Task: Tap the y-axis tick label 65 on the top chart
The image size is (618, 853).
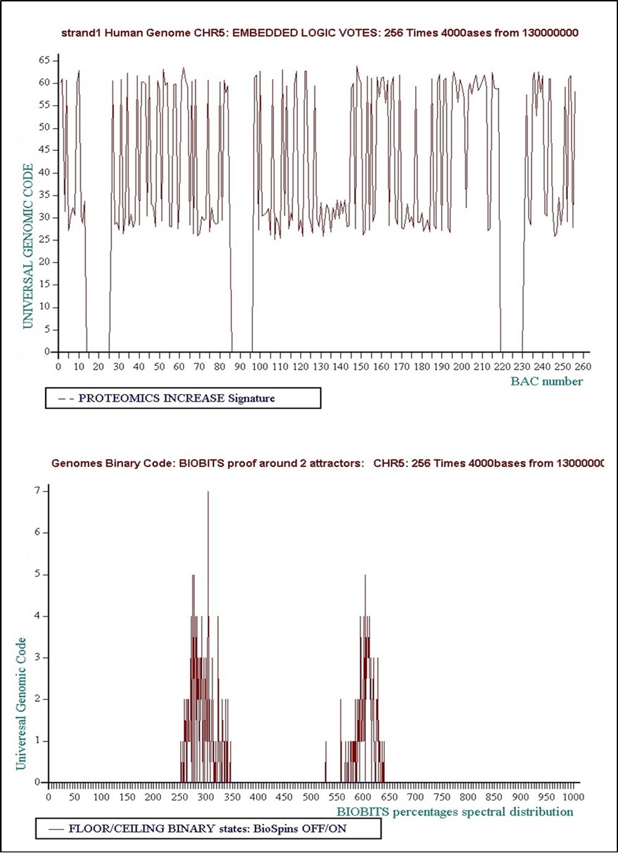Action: [45, 60]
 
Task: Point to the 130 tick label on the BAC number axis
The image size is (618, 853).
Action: [320, 366]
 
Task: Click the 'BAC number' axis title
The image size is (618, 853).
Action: [546, 381]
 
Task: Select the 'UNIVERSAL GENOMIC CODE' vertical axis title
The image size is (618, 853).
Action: [28, 246]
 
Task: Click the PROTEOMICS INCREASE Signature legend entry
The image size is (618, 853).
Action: [176, 398]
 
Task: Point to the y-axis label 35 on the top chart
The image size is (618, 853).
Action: [45, 195]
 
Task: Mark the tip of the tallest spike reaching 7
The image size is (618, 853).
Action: [208, 491]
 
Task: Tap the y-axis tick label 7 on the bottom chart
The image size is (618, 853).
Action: [37, 491]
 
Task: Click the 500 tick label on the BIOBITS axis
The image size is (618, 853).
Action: [311, 797]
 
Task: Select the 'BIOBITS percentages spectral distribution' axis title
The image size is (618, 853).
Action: [455, 812]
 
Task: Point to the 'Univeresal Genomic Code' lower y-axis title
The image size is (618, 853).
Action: [21, 703]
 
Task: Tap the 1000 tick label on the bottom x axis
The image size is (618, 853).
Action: [573, 797]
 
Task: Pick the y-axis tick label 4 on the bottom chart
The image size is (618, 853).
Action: [37, 616]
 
